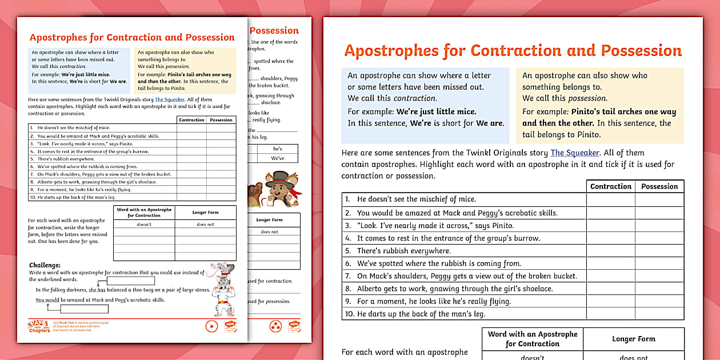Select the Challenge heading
tap(45, 265)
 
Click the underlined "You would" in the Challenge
tap(47, 299)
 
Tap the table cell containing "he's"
tap(278, 149)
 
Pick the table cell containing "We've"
tap(278, 158)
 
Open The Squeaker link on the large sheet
tap(575, 153)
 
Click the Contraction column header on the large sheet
tap(610, 186)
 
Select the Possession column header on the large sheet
tap(659, 186)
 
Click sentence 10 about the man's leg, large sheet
tap(421, 314)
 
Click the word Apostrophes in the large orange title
tap(391, 51)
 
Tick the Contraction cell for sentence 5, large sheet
tap(610, 251)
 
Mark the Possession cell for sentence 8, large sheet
tap(659, 289)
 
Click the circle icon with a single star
tap(212, 326)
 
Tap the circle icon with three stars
tap(276, 326)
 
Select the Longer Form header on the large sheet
tap(633, 339)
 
